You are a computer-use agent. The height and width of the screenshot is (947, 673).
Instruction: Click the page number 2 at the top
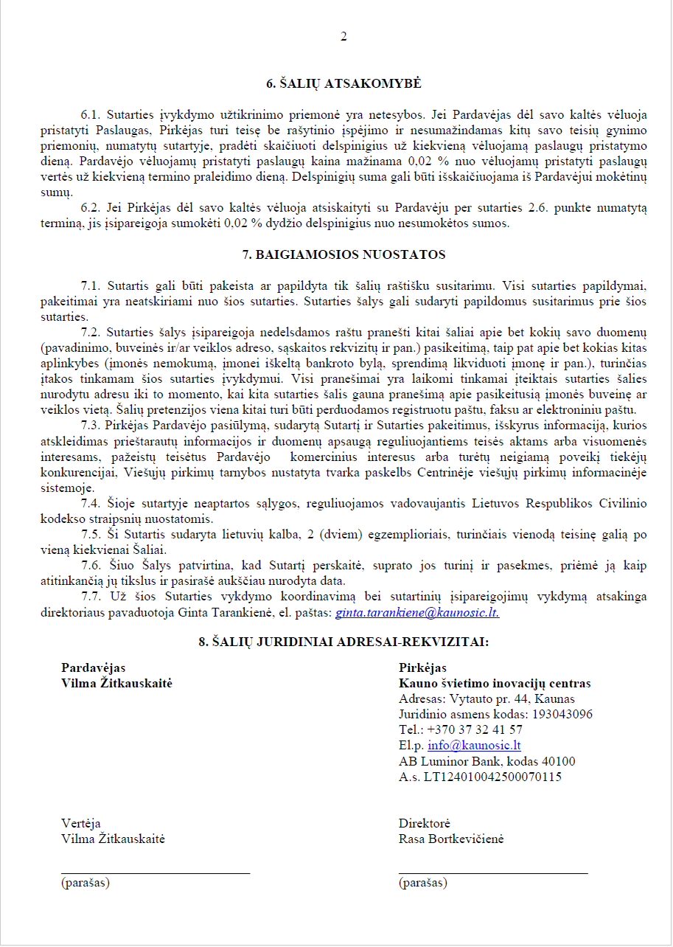[344, 37]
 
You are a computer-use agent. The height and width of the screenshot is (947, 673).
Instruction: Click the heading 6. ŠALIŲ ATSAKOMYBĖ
[344, 83]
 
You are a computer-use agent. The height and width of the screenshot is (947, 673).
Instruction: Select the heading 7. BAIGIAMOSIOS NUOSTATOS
[344, 255]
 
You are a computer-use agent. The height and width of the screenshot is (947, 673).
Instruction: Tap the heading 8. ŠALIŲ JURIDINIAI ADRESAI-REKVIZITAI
[344, 642]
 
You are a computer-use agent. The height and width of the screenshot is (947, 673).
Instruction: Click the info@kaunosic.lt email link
[474, 746]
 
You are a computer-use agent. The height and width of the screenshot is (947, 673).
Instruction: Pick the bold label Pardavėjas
[93, 668]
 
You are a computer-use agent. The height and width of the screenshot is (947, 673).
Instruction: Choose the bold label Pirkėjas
[422, 668]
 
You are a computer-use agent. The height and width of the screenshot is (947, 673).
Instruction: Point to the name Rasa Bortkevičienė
[451, 839]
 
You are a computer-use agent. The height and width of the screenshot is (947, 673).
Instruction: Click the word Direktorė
[424, 824]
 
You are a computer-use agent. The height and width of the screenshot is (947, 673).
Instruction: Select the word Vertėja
[81, 824]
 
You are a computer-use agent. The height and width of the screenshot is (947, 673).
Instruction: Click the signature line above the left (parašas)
[155, 873]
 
